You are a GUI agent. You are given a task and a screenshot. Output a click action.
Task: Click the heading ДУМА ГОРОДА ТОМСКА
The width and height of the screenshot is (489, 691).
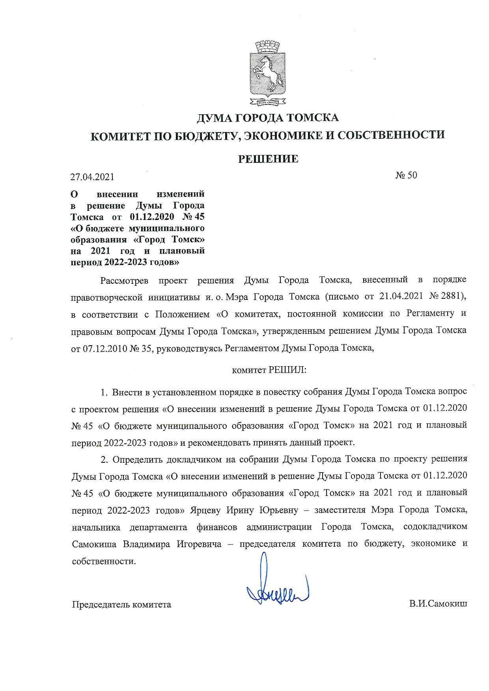pyautogui.click(x=268, y=118)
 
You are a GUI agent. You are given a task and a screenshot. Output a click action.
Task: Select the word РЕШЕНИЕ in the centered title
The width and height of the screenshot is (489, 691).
pyautogui.click(x=268, y=159)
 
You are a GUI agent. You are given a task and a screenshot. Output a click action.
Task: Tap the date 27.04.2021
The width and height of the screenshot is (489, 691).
pyautogui.click(x=92, y=177)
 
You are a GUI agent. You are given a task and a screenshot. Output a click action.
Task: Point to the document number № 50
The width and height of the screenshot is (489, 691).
pyautogui.click(x=406, y=175)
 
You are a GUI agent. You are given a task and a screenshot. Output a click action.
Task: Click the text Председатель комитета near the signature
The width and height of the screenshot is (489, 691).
pyautogui.click(x=121, y=604)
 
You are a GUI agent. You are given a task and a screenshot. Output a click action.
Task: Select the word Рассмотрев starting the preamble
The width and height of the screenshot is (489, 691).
pyautogui.click(x=124, y=280)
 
